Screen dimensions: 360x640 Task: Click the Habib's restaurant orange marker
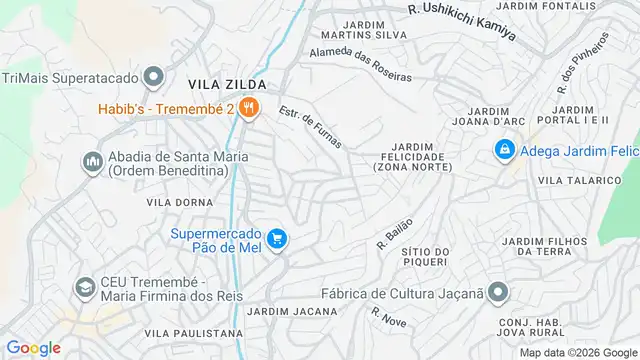[249, 108]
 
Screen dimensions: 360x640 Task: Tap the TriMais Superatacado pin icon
[153, 77]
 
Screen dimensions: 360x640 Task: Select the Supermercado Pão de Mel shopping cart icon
[277, 239]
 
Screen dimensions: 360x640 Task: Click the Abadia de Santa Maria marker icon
[92, 161]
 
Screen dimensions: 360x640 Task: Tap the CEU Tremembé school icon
[85, 290]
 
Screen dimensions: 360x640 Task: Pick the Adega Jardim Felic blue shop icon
[504, 150]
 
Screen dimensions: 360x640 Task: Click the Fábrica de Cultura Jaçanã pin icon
[498, 293]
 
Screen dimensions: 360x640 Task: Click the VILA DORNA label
[176, 202]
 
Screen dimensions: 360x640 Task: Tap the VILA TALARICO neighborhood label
[579, 180]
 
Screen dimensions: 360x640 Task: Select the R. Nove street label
[388, 319]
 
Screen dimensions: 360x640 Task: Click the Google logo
[33, 347]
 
